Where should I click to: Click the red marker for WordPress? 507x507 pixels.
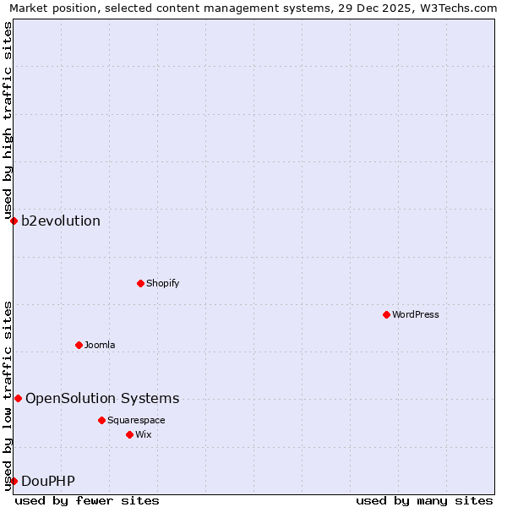point(386,314)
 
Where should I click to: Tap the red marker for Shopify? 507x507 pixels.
point(140,283)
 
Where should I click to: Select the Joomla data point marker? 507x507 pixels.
point(79,345)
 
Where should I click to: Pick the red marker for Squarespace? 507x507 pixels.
point(101,420)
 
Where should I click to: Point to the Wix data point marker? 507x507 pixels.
point(129,434)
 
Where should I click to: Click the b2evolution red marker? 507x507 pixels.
point(14,221)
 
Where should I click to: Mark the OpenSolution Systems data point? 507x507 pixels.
point(18,398)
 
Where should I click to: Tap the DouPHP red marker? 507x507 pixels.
point(14,481)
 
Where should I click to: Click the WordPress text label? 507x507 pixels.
point(415,314)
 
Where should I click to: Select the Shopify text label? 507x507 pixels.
point(162,283)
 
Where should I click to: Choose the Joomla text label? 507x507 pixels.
point(99,345)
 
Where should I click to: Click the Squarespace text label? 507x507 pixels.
point(136,420)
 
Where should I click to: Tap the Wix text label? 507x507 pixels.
point(143,434)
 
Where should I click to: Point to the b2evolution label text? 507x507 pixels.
point(61,221)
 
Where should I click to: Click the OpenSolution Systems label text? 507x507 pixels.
point(102,398)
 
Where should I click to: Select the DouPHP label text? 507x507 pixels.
point(48,482)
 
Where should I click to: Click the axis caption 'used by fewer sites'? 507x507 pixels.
point(87,500)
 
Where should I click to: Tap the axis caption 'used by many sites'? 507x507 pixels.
point(424,500)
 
